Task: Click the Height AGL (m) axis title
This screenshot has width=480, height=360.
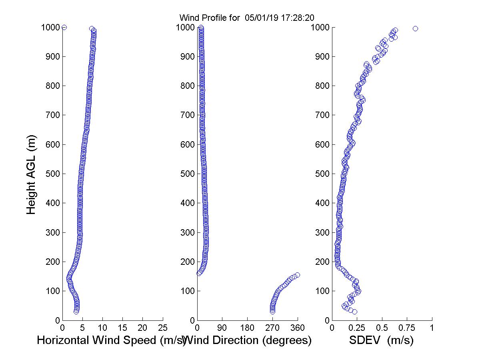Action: (31, 174)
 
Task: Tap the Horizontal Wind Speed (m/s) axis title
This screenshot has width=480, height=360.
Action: (111, 340)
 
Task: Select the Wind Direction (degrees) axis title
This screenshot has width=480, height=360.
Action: (248, 340)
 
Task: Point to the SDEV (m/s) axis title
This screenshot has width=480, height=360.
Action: (381, 340)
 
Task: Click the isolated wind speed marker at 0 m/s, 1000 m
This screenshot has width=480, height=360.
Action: (64, 27)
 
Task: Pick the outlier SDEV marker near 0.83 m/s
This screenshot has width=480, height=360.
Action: (415, 28)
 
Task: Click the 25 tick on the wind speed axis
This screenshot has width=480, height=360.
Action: (163, 328)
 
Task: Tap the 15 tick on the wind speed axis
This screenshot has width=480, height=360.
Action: (123, 328)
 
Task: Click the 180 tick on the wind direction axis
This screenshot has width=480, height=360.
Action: (247, 328)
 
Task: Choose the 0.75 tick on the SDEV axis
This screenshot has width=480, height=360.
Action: (407, 328)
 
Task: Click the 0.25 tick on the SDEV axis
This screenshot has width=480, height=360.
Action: (357, 328)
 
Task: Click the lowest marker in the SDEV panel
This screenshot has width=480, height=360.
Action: (354, 312)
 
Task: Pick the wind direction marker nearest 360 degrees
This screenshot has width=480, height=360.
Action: (297, 275)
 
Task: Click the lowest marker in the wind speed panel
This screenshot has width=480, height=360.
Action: (76, 312)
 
